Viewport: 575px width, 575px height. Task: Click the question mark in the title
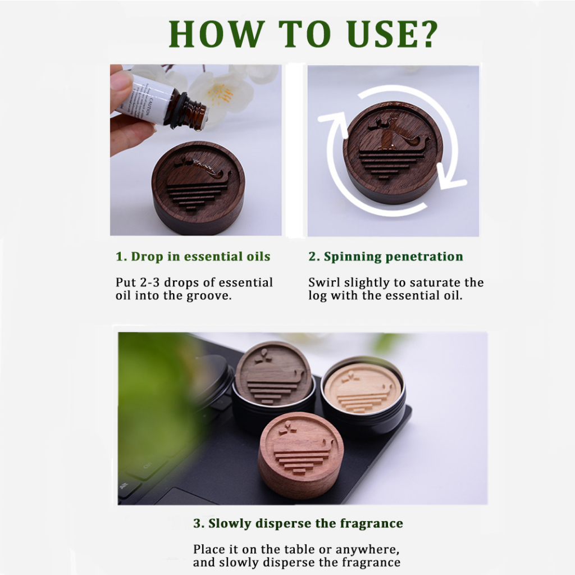click(x=426, y=34)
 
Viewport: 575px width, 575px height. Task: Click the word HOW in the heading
click(x=216, y=34)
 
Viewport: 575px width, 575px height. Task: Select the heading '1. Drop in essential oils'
click(x=193, y=257)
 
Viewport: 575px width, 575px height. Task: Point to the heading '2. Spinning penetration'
click(x=386, y=257)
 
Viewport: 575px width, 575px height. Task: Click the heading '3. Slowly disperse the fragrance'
click(x=298, y=523)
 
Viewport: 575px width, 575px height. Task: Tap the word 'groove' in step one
click(x=208, y=296)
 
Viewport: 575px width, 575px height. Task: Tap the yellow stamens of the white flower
click(x=221, y=94)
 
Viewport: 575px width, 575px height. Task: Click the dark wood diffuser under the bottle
click(x=198, y=188)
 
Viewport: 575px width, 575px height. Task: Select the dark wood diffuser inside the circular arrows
click(x=393, y=152)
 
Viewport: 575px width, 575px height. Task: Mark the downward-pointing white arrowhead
click(x=449, y=178)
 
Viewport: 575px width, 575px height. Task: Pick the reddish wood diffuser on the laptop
click(x=301, y=455)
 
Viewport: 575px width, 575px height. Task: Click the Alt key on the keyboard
click(x=124, y=486)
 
